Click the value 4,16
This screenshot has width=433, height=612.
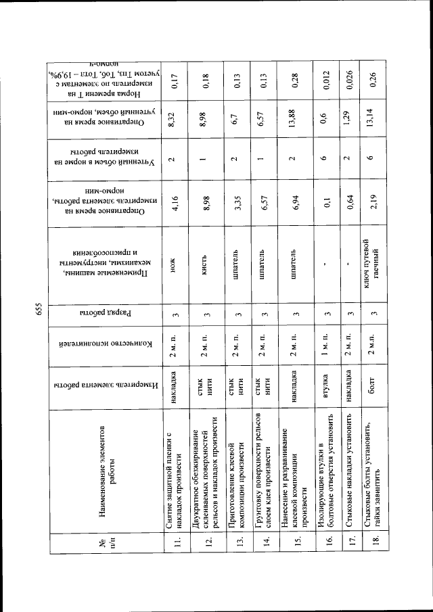point(175,202)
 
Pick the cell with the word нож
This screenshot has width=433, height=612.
point(174,265)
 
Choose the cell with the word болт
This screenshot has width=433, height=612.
point(370,387)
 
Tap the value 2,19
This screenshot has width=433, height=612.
point(370,202)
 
